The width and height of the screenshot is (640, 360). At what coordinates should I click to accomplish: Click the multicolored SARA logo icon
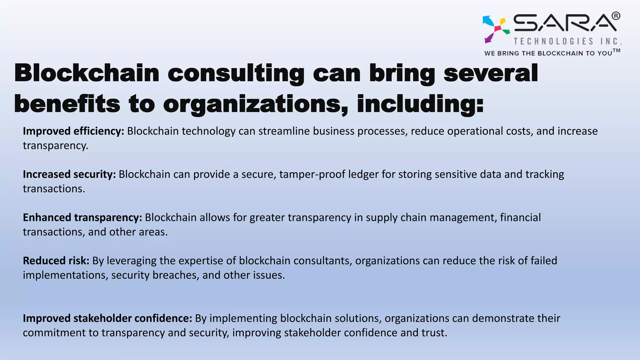496,29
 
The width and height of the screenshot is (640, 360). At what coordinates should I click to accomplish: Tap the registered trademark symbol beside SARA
616,16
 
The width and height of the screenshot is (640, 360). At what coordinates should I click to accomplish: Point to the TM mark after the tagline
617,50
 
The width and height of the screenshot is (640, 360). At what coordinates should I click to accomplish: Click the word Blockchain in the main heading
87,73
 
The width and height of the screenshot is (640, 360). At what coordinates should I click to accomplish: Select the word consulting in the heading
236,74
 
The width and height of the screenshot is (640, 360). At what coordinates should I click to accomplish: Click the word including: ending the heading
420,104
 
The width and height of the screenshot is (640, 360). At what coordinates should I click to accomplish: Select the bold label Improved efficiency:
73,131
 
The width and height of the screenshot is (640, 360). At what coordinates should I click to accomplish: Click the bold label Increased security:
69,174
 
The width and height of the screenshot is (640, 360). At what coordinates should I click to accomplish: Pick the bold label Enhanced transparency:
82,217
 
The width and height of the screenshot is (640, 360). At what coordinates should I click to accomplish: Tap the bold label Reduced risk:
56,261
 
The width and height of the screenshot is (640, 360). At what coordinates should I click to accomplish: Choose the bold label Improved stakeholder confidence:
107,318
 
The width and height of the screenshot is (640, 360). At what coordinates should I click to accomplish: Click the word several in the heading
491,73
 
